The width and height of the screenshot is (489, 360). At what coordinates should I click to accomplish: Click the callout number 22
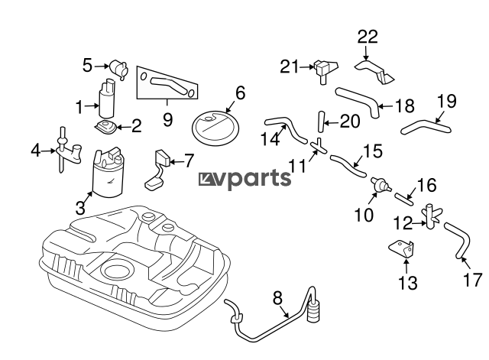tap(368, 37)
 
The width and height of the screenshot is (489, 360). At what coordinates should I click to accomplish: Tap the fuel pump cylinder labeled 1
tap(107, 98)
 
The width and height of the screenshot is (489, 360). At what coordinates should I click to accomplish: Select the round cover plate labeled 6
tap(215, 128)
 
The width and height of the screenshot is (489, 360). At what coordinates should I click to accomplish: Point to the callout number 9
tap(167, 119)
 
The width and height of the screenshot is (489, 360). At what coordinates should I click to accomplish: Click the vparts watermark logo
tap(244, 179)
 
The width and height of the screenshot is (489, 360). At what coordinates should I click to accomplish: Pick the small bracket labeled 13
tap(402, 249)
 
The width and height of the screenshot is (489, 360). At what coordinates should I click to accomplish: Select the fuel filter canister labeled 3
tap(108, 174)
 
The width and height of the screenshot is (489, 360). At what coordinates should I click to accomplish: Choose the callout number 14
tap(270, 139)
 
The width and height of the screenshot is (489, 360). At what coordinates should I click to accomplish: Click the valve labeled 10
tap(381, 185)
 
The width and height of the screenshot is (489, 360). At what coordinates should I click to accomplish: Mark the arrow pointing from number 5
tap(102, 66)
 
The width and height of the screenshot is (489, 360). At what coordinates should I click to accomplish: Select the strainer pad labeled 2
tap(106, 127)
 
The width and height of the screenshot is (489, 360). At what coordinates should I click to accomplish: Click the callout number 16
tap(426, 185)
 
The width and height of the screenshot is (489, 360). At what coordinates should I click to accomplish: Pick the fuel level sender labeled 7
tap(157, 170)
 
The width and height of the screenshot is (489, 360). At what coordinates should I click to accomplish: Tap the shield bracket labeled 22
tap(374, 73)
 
